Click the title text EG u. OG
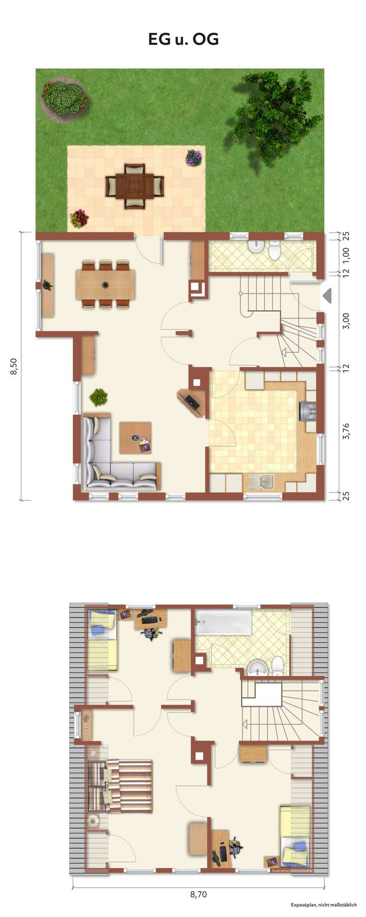click(183, 39)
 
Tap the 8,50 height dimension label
click(14, 366)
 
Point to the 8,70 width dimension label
click(198, 894)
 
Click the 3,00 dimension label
click(346, 321)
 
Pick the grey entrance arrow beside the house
click(327, 295)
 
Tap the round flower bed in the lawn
click(64, 98)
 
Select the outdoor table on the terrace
click(135, 186)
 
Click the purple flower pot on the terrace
click(194, 158)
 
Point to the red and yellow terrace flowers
click(79, 219)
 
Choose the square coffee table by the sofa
click(135, 438)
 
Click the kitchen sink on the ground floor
click(262, 481)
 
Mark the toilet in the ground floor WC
click(275, 251)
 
